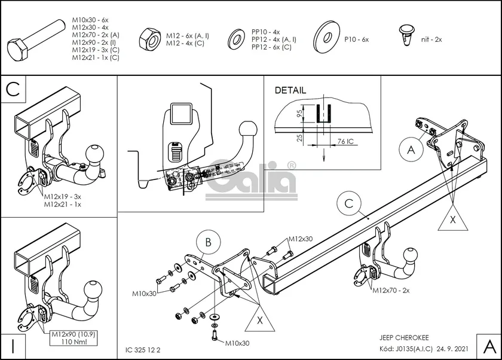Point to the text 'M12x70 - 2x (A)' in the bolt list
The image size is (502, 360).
pos(96,35)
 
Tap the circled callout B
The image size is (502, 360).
pos(208,242)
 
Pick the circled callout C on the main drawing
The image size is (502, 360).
pos(349,204)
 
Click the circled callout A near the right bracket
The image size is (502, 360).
pos(411,150)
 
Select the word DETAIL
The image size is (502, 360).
pos(290,91)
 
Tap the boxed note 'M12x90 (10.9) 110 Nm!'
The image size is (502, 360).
pos(73,337)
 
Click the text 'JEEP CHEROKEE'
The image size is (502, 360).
pos(405,337)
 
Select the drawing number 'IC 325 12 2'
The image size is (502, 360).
pos(143,348)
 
